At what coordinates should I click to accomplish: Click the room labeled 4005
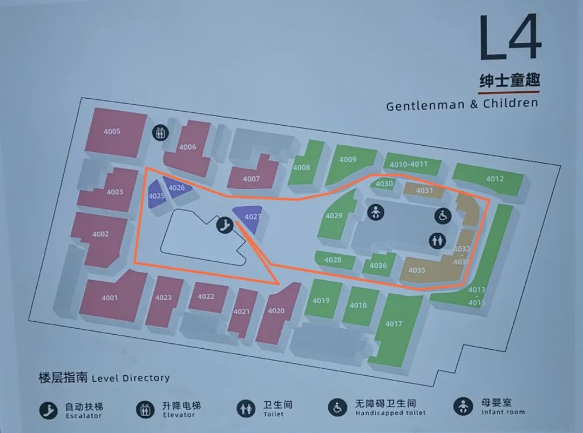point(112,132)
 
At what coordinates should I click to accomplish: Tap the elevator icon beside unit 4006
point(159,133)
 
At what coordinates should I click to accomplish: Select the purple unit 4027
point(249,218)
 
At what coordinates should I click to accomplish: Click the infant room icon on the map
point(376,212)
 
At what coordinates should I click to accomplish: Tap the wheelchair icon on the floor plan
point(443,216)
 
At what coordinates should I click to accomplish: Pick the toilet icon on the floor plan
point(437,240)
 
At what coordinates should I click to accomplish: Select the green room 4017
point(394,324)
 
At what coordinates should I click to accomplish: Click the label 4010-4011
point(409,164)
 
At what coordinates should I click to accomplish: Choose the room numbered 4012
point(494,179)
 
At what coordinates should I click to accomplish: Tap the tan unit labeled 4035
point(417,270)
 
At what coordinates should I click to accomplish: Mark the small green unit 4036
point(378,265)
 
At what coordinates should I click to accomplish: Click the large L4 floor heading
point(509,38)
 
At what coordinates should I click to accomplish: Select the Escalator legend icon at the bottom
point(48,411)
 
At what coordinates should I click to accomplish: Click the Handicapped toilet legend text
point(390,413)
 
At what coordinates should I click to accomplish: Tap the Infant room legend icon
point(463,407)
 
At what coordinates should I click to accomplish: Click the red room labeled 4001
point(110,298)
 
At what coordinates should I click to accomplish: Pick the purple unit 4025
point(156,195)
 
